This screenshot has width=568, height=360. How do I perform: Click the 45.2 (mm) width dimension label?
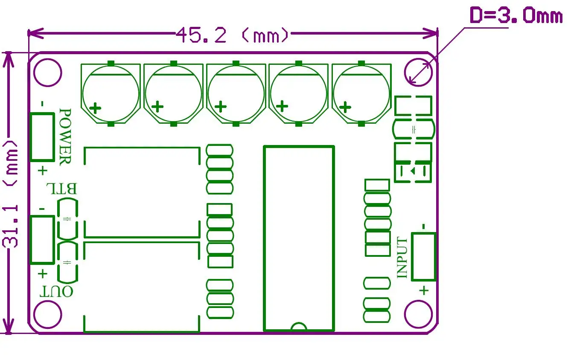(233, 35)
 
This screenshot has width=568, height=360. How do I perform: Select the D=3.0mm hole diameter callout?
(516, 17)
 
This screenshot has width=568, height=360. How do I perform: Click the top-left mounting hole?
(48, 73)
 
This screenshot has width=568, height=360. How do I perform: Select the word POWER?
(65, 136)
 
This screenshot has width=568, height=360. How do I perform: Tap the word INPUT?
(402, 258)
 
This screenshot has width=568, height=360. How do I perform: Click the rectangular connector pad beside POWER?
(42, 137)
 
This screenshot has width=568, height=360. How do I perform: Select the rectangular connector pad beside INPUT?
(423, 256)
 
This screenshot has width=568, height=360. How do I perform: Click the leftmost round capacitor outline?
(111, 94)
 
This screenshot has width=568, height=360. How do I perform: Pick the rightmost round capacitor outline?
(361, 94)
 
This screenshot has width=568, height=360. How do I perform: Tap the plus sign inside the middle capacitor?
(221, 106)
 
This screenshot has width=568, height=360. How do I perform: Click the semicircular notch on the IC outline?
(299, 326)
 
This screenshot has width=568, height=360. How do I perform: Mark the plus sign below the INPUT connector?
(424, 291)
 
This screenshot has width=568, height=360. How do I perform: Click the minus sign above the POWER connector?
(42, 104)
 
